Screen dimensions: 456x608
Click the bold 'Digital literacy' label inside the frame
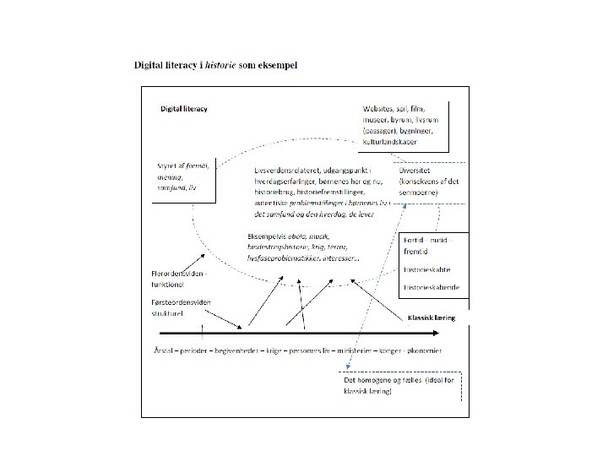click(185, 109)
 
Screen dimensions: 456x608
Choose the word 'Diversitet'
click(419, 170)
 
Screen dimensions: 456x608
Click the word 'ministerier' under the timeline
click(358, 350)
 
